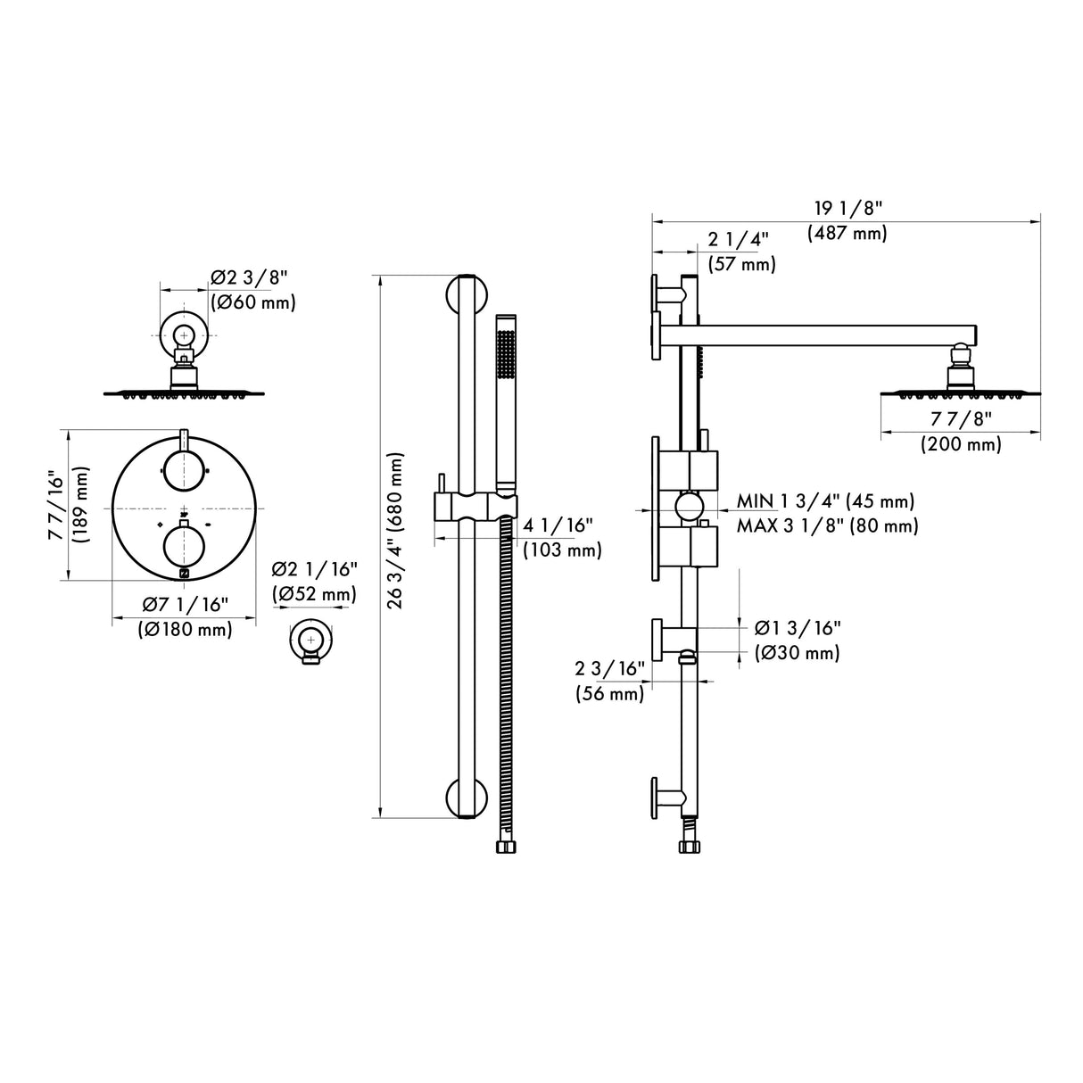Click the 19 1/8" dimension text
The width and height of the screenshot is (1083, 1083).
coord(847,209)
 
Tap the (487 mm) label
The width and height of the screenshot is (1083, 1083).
coord(847,234)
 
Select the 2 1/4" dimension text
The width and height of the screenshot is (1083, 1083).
coord(738,239)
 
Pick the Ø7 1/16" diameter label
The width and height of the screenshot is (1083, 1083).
coord(186,605)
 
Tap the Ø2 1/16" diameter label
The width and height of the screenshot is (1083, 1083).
coord(315,569)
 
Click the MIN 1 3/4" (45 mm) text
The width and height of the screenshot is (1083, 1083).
coord(825,501)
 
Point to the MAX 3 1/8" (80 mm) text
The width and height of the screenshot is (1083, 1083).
coord(827,525)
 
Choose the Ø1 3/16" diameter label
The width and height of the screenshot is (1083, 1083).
coord(797,628)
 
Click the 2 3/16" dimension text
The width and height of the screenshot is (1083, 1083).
coord(609,668)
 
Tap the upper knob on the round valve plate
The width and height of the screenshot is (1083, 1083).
coord(184,469)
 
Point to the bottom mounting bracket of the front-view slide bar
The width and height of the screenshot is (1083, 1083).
coord(466,798)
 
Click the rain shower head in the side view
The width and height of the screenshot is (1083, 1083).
coord(960,385)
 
